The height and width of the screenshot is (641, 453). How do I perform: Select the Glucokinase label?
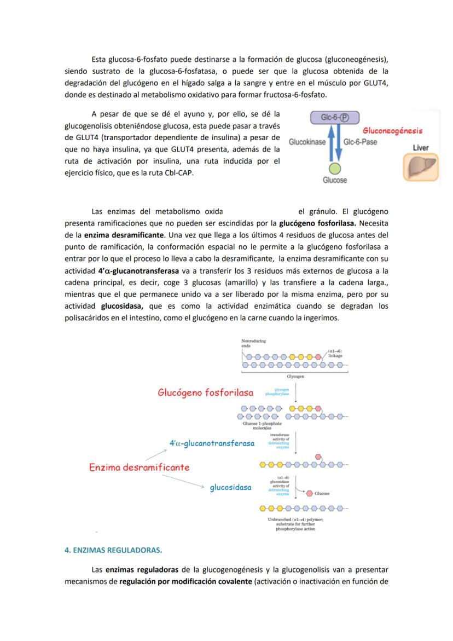(307, 142)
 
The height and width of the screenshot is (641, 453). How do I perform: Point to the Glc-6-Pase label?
(363, 142)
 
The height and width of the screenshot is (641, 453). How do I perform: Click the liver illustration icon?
(421, 166)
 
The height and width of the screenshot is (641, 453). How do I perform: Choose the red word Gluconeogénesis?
(392, 131)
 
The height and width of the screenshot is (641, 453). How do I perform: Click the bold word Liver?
(421, 148)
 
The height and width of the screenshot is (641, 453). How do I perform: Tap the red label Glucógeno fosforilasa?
(205, 392)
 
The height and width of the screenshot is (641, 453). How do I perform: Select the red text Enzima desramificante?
(139, 467)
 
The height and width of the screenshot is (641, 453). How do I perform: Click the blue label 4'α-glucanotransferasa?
(212, 443)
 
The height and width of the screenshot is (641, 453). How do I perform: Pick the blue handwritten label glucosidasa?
(230, 487)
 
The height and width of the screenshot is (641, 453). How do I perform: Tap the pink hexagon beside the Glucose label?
(310, 493)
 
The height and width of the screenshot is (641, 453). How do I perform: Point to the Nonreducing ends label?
(253, 343)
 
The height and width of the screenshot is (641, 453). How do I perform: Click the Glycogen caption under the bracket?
(295, 377)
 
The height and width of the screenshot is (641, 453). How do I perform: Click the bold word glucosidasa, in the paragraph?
(121, 306)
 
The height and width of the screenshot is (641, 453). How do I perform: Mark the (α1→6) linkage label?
(335, 353)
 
